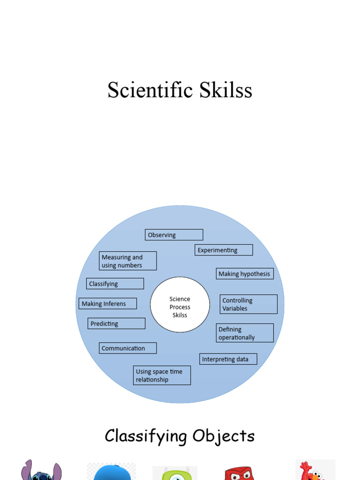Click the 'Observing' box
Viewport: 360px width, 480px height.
(174, 235)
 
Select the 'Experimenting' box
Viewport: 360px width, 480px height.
(224, 250)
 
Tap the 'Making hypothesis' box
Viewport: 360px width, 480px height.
(245, 274)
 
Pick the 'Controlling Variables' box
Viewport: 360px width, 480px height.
(248, 304)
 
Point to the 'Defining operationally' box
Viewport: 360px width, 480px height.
(245, 333)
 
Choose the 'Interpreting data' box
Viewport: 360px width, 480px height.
(228, 359)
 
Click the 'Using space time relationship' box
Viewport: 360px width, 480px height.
(162, 375)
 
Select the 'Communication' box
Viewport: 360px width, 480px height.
(127, 348)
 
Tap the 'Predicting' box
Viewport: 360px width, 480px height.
(116, 323)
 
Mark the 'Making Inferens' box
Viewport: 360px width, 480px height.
(108, 303)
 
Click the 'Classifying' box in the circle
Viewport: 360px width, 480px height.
(115, 284)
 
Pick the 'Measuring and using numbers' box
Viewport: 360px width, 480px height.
(127, 261)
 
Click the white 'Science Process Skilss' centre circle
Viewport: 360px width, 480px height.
(180, 305)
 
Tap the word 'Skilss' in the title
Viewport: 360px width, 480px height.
(225, 90)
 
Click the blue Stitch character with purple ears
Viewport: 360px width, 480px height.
(41, 471)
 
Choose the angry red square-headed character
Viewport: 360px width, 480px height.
(239, 473)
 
